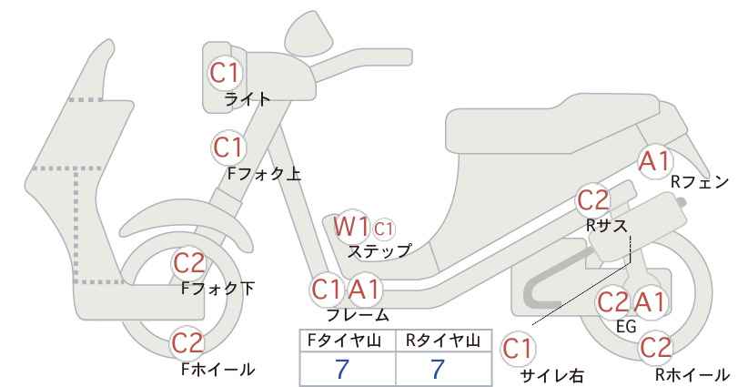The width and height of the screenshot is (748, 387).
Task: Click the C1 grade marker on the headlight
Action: (x=224, y=73)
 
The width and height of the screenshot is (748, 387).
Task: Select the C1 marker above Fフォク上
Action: (x=228, y=148)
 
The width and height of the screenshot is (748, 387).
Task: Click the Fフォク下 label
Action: (x=217, y=288)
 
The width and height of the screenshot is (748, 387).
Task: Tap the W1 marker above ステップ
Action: (x=351, y=226)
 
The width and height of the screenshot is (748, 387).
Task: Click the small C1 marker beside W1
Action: (x=384, y=229)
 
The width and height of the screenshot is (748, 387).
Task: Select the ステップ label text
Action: (x=379, y=251)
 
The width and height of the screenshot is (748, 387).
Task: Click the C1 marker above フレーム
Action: (x=327, y=290)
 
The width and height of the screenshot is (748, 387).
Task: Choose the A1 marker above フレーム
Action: (x=365, y=290)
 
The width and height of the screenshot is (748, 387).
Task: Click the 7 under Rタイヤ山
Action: (x=438, y=369)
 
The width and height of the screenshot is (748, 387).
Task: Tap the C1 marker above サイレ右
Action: (x=518, y=350)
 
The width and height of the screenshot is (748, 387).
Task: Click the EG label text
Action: (x=626, y=326)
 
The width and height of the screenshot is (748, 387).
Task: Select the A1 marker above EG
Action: (x=650, y=302)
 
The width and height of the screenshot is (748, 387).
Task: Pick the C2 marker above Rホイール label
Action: (x=655, y=348)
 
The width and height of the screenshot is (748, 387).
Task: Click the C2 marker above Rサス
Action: (x=593, y=200)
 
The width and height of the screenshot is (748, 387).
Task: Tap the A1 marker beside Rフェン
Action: (x=654, y=161)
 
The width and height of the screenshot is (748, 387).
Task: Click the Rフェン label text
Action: (x=700, y=182)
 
